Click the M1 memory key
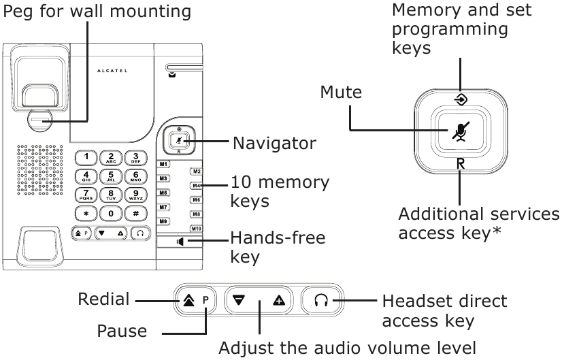coord(163,164)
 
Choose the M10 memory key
coord(195,228)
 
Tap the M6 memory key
coord(195,200)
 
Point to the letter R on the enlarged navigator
coord(461,163)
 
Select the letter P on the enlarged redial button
coord(206,300)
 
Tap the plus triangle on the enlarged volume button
coord(279,300)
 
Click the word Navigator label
coord(274,144)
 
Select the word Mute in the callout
coord(342,92)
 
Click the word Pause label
coord(122,331)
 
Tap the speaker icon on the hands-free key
coord(179,241)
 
